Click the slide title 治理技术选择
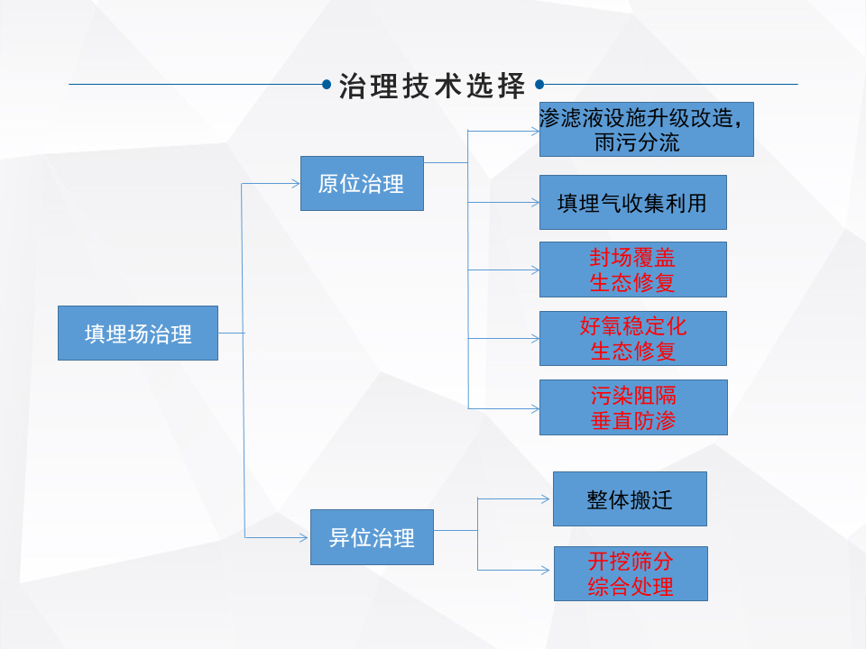432,87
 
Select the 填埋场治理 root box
138,334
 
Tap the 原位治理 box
362,184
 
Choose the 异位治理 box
372,538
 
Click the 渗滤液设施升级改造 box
646,129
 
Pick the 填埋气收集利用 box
632,203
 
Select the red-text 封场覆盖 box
632,270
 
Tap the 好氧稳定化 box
632,338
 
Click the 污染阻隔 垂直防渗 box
632,407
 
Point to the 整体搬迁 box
630,499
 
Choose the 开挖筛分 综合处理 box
630,574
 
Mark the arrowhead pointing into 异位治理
304,538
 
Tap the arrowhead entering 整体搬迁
546,498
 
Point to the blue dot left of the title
327,86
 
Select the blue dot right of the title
539,86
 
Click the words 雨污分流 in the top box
637,142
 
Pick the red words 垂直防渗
632,420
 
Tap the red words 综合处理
630,587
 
